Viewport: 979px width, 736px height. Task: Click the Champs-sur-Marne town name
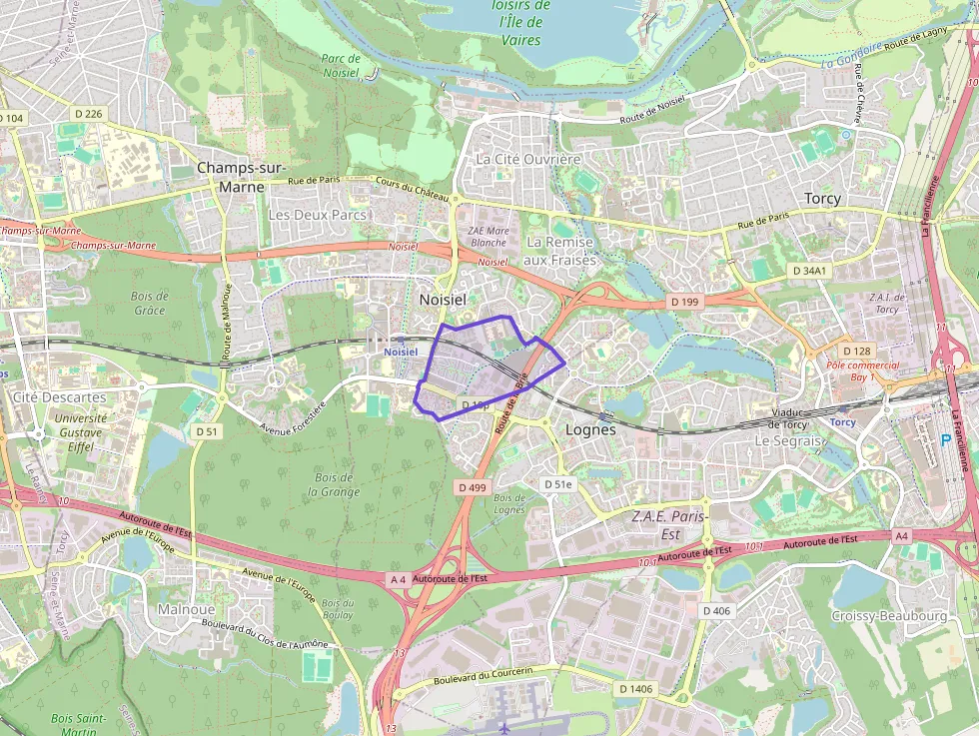[242, 177]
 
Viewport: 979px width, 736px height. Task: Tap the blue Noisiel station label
[401, 352]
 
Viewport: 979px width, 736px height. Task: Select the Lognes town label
[590, 430]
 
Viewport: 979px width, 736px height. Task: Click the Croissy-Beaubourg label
[888, 616]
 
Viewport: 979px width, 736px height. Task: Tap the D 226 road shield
[88, 114]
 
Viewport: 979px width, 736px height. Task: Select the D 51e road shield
[558, 484]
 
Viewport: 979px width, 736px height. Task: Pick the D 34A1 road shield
[810, 271]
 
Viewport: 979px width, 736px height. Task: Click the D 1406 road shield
[635, 688]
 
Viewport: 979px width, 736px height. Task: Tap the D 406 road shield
[716, 610]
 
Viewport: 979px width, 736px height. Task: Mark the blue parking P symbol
[947, 439]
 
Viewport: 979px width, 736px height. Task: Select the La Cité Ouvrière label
[527, 159]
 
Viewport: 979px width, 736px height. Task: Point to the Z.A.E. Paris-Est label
[668, 525]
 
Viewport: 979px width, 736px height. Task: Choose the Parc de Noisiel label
[341, 65]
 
